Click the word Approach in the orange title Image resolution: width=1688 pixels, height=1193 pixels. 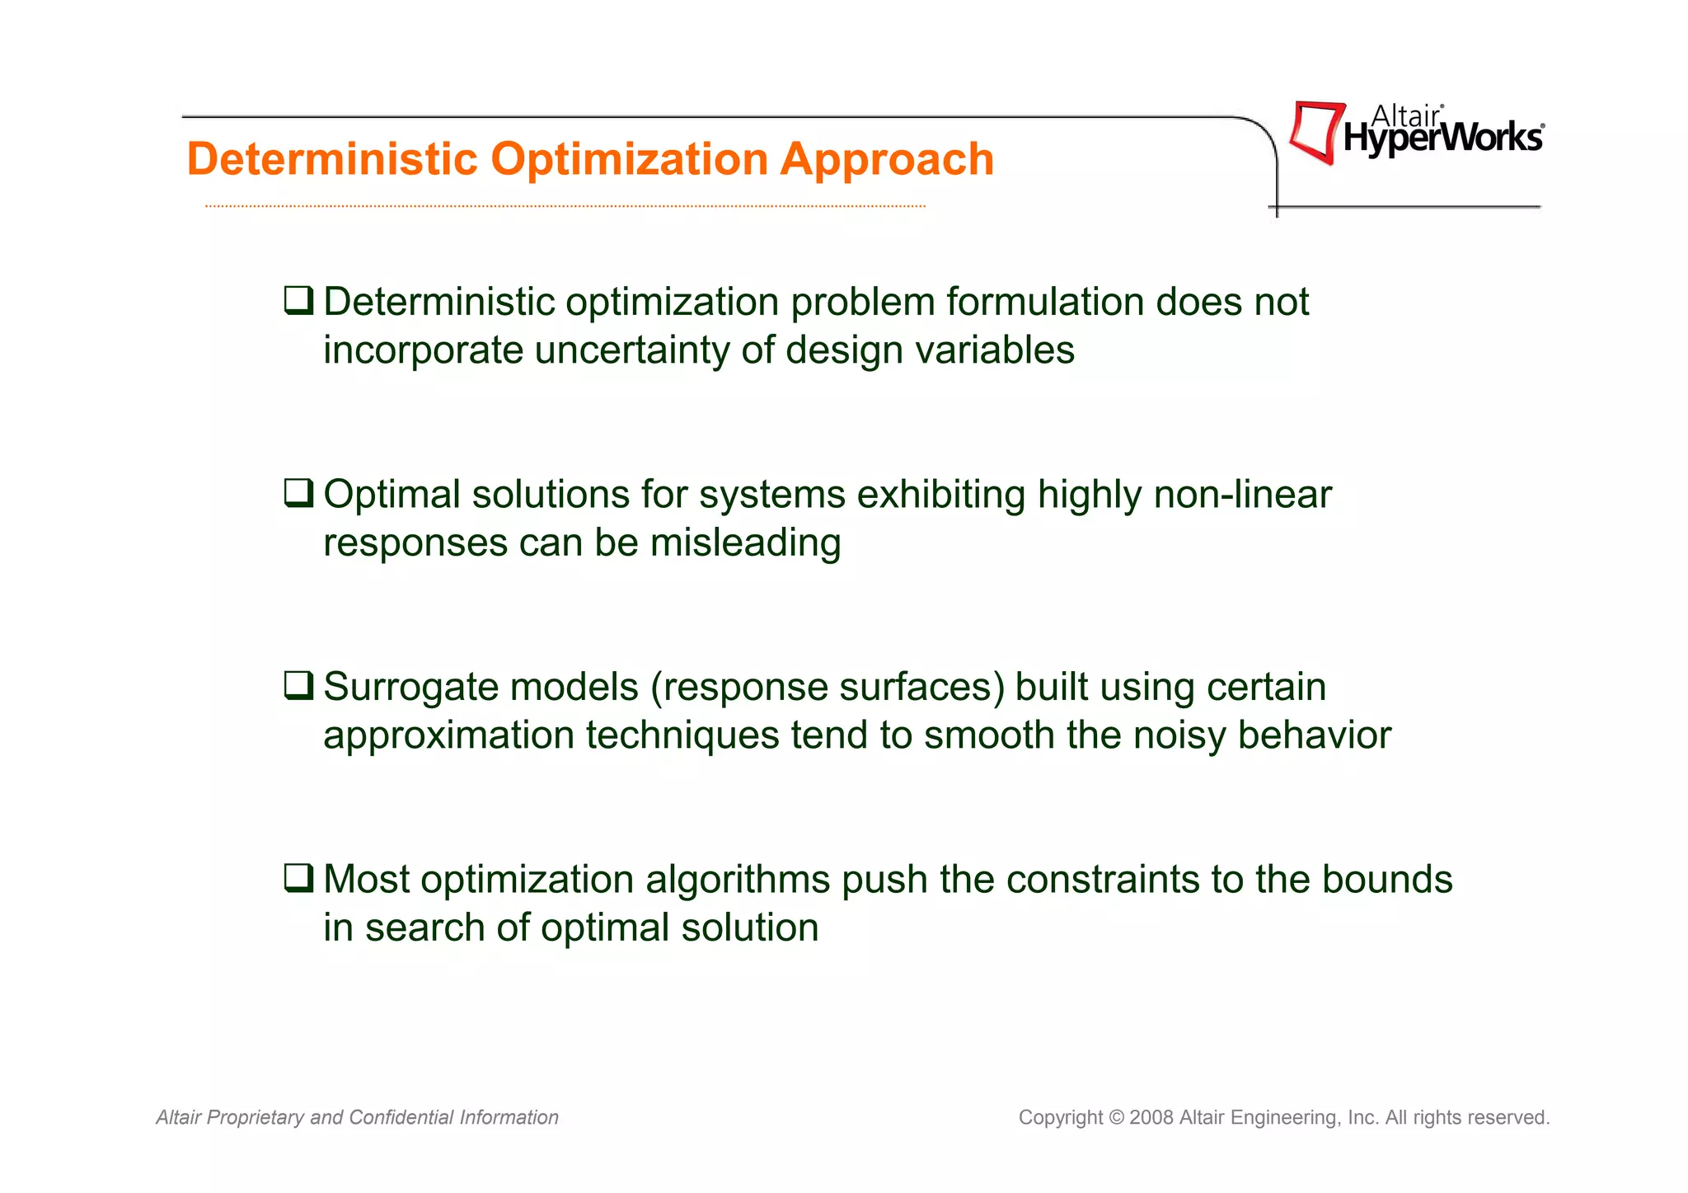coord(887,159)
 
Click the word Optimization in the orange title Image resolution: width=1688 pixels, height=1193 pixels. coord(630,159)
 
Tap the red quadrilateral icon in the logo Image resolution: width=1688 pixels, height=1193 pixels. coord(1315,132)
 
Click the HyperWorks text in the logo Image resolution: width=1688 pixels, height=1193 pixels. coord(1443,138)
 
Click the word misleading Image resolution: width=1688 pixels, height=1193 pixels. coord(745,543)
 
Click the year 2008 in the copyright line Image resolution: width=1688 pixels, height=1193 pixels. coord(1151,1118)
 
